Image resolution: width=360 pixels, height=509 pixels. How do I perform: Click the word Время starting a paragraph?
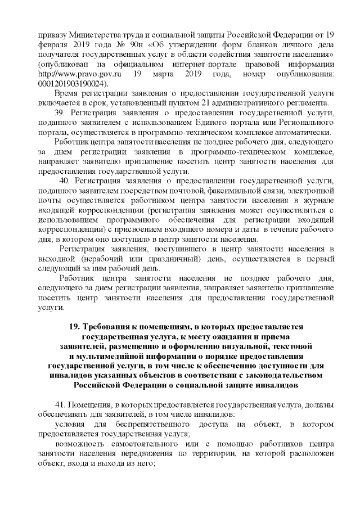(x=69, y=92)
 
